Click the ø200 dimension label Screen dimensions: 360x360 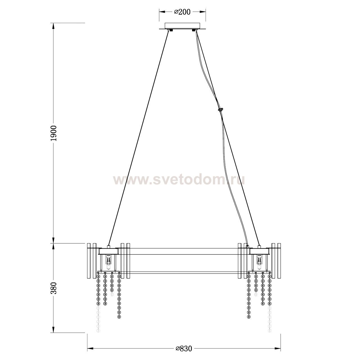click(182, 12)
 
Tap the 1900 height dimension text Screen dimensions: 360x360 click(54, 133)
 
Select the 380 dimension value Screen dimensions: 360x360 click(54, 288)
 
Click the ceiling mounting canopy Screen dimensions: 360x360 click(182, 26)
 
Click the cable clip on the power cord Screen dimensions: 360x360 click(220, 109)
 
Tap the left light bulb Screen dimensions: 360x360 click(108, 262)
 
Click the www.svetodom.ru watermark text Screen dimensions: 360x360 click(179, 180)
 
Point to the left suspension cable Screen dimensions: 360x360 click(139, 138)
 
